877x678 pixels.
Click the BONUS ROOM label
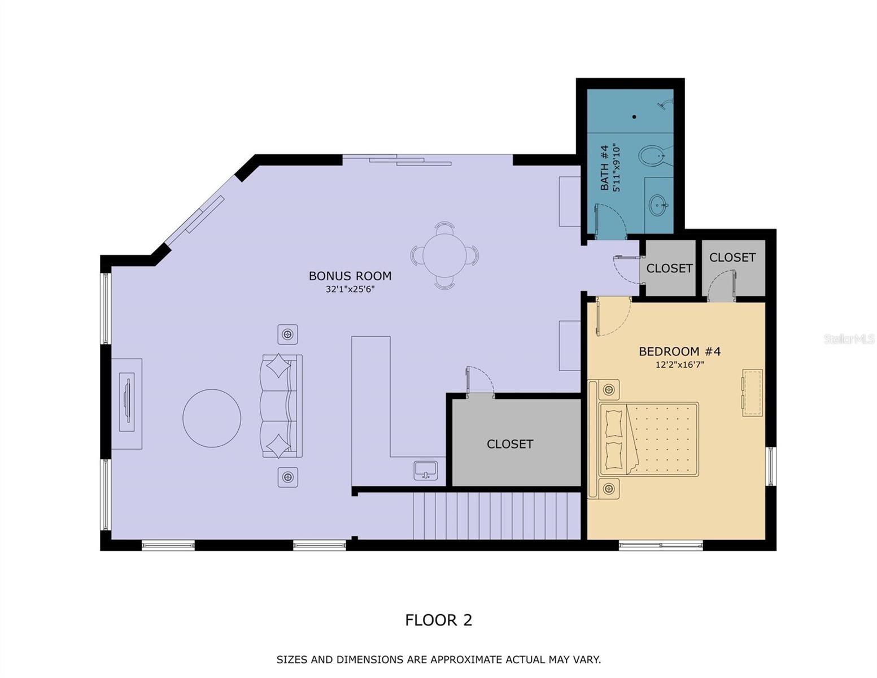pyautogui.click(x=350, y=276)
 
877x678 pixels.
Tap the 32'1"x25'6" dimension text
pyautogui.click(x=350, y=289)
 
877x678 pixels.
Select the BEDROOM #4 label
pyautogui.click(x=679, y=351)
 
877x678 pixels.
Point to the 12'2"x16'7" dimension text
pyautogui.click(x=679, y=365)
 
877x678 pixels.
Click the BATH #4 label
pyautogui.click(x=604, y=168)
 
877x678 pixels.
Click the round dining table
pyautogui.click(x=445, y=255)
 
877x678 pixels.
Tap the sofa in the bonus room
pyautogui.click(x=281, y=406)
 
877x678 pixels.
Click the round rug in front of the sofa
pyautogui.click(x=212, y=418)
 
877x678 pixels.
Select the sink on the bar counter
pyautogui.click(x=425, y=471)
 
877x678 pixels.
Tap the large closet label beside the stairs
pyautogui.click(x=509, y=444)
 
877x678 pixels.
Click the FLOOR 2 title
pyautogui.click(x=438, y=620)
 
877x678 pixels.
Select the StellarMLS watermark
pyautogui.click(x=849, y=339)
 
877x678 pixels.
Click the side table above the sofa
pyautogui.click(x=287, y=334)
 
